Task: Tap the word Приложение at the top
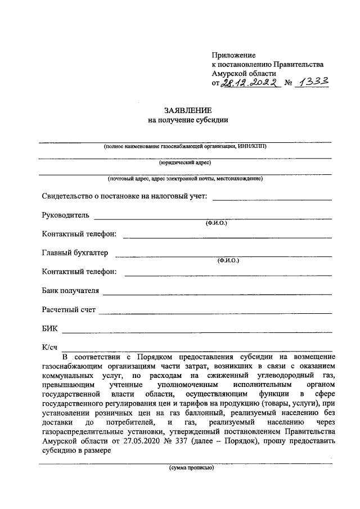coord(233,55)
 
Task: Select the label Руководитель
coord(65,215)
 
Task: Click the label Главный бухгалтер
coord(75,253)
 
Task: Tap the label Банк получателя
coord(70,291)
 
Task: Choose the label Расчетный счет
coord(69,310)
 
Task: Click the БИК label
coord(49,328)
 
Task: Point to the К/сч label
coord(50,348)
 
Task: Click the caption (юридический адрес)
coord(185,163)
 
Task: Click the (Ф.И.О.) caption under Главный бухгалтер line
coord(228,261)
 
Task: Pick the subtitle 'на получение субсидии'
coord(185,120)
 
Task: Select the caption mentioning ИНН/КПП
coord(185,146)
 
